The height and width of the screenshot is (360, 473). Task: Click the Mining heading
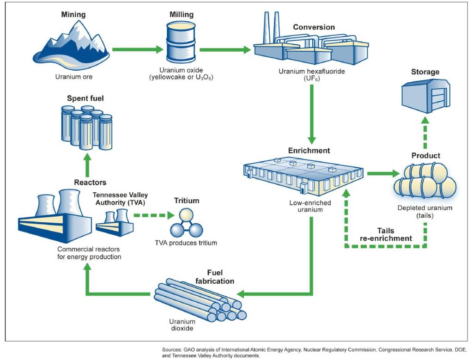(x=73, y=15)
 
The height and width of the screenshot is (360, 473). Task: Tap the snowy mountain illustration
(x=72, y=44)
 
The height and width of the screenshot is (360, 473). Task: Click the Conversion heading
(x=314, y=27)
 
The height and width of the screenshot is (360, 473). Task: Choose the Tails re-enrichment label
(x=386, y=234)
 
